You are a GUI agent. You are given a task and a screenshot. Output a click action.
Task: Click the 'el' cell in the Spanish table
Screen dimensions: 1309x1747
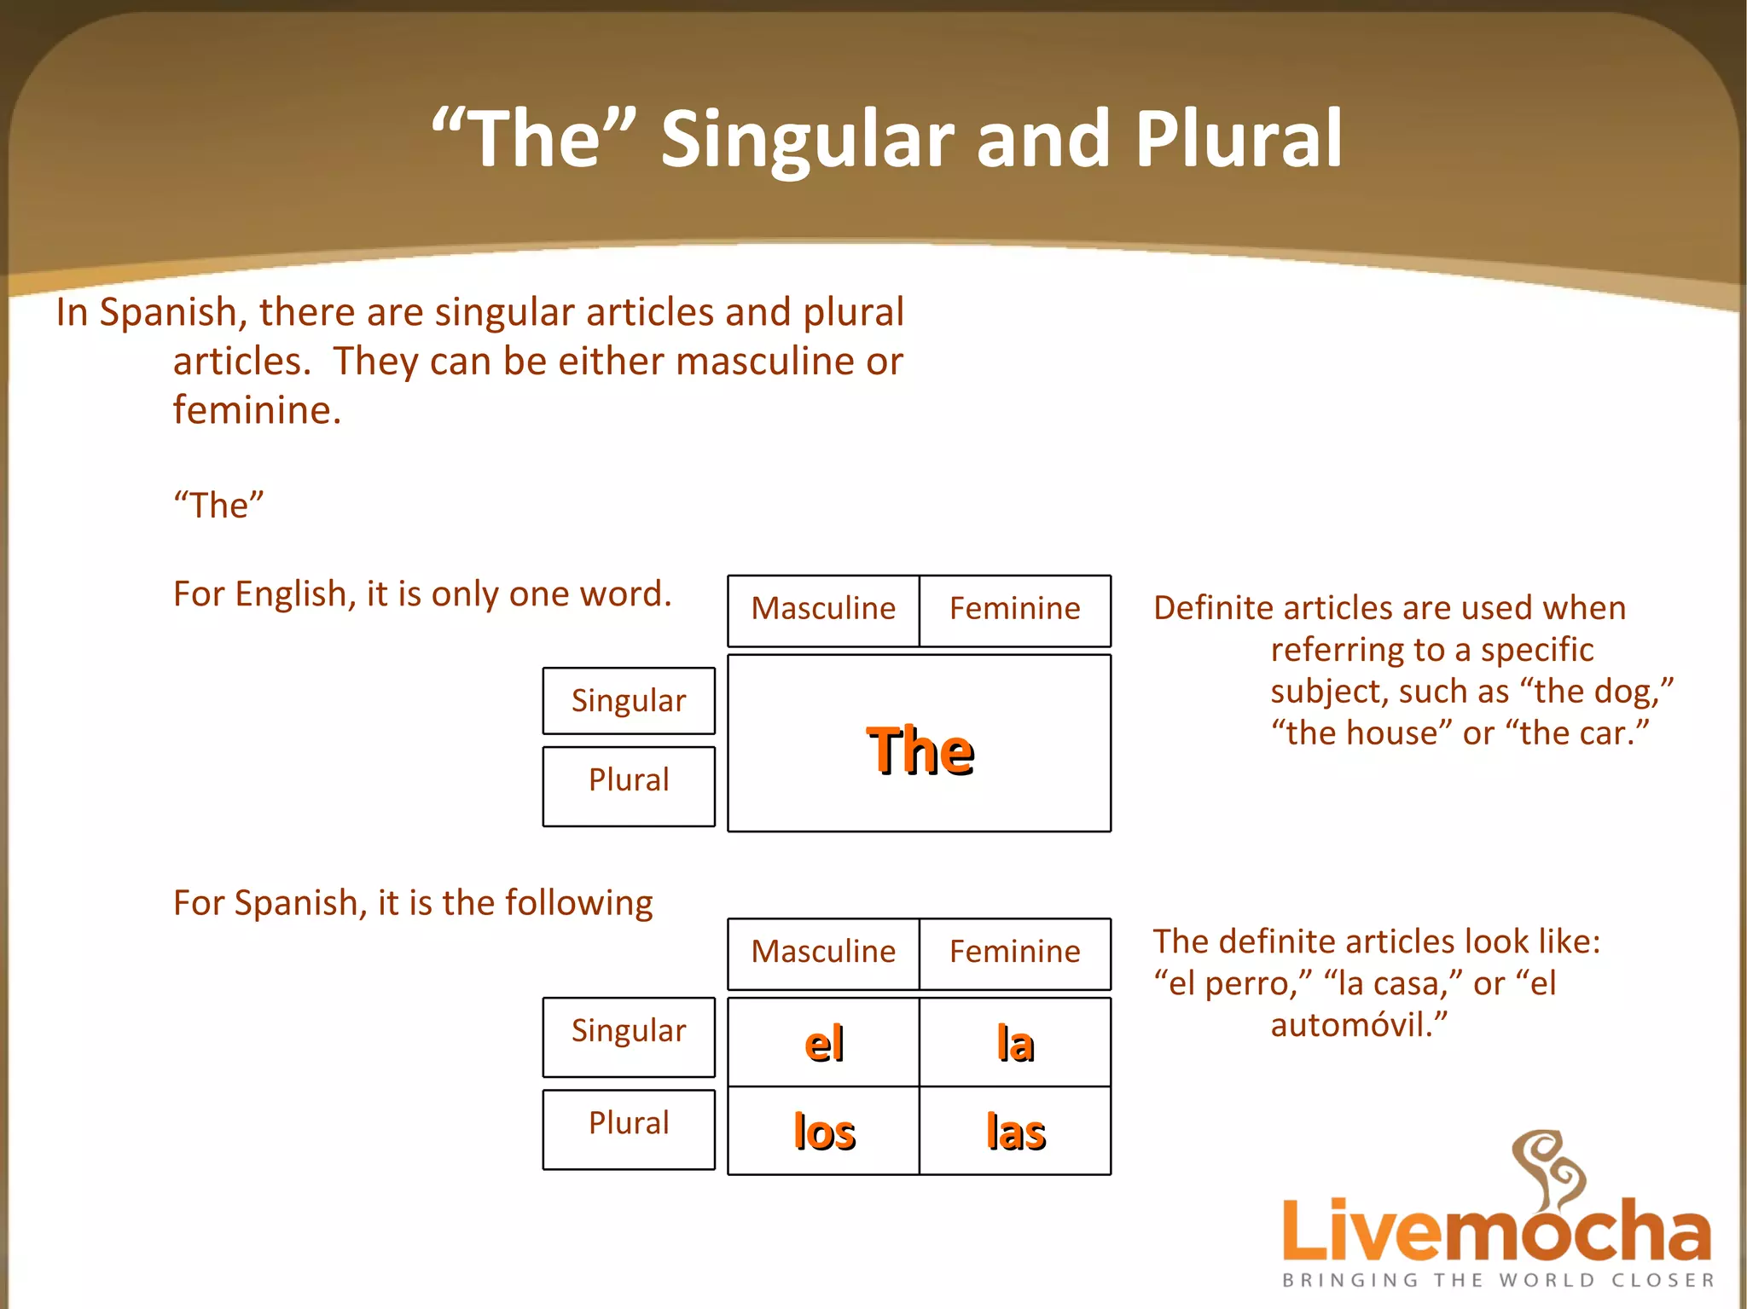point(824,1043)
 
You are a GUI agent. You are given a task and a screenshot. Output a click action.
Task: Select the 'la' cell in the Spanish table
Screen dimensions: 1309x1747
point(1015,1043)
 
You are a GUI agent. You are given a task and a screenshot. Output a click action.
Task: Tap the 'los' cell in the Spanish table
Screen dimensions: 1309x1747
point(824,1132)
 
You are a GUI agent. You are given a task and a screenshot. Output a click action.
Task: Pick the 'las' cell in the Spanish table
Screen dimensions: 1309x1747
point(1015,1132)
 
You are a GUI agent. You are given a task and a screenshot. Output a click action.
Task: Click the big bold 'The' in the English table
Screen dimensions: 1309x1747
point(920,750)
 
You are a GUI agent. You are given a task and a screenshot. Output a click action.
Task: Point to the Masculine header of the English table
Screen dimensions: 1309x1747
point(823,609)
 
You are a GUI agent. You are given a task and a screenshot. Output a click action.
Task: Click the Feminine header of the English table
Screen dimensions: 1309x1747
point(1015,609)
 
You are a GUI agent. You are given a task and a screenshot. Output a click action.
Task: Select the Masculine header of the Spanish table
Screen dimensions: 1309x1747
point(823,952)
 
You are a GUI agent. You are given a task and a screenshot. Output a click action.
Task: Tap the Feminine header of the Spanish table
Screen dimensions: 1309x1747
point(1015,952)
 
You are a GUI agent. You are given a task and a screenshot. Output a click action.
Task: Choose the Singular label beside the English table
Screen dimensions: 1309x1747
point(629,701)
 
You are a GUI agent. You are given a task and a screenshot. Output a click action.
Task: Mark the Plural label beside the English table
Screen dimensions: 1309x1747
point(629,780)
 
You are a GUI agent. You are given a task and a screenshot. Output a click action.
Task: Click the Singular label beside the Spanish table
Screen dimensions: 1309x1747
point(629,1031)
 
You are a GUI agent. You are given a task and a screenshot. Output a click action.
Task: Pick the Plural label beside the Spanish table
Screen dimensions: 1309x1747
point(629,1123)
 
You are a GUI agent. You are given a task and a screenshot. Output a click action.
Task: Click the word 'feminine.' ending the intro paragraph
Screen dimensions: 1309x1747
point(257,410)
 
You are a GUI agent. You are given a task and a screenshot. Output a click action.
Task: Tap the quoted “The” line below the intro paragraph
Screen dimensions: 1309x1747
point(218,505)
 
